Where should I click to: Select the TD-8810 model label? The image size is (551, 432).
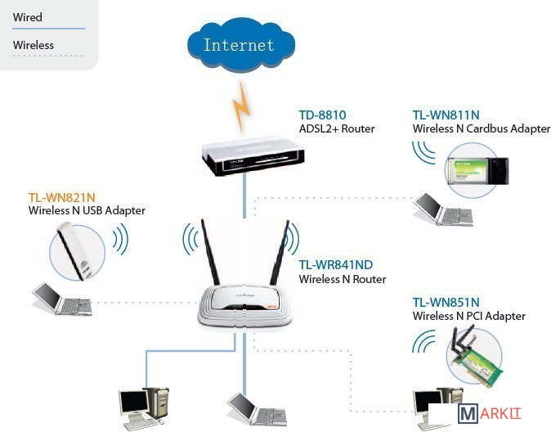(323, 115)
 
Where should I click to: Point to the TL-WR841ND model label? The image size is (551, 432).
(336, 265)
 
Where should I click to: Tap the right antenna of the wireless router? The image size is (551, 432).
(280, 254)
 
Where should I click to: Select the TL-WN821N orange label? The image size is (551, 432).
(62, 197)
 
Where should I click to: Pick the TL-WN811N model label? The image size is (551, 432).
(446, 115)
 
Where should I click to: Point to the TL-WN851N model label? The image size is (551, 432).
(446, 303)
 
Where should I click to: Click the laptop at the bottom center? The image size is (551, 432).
(250, 407)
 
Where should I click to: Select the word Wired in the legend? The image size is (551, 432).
(28, 17)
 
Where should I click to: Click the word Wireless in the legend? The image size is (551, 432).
(34, 45)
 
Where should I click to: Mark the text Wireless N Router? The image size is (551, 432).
(343, 279)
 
